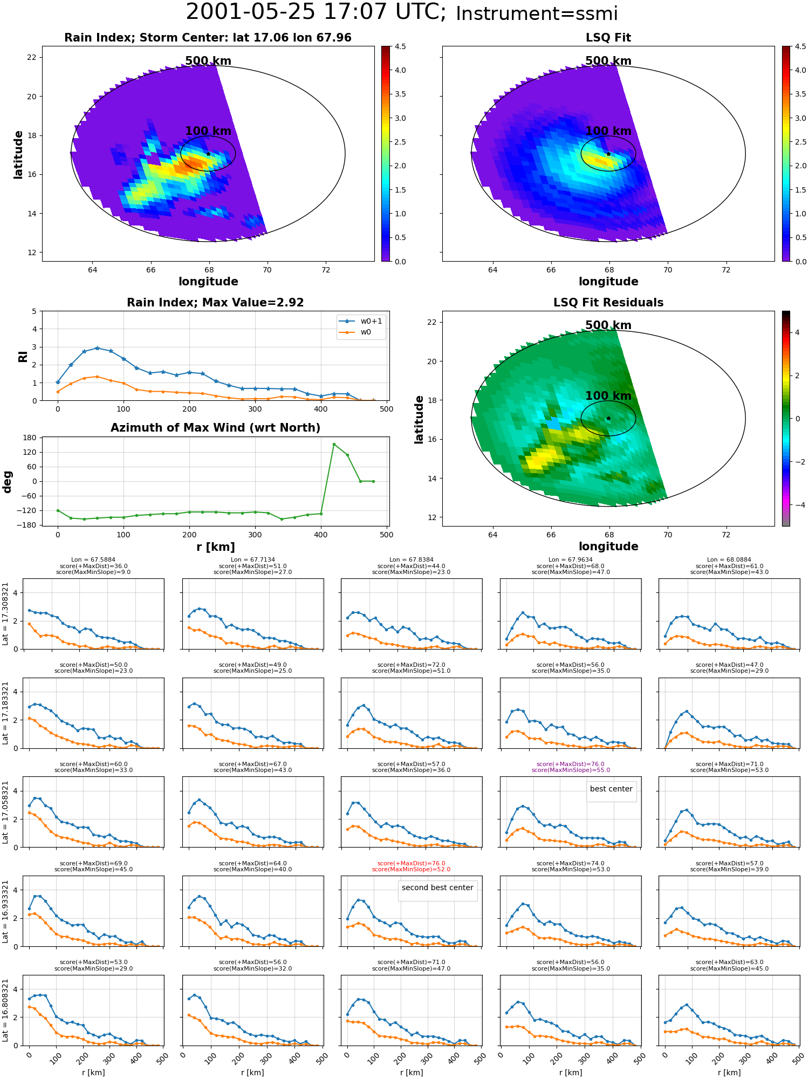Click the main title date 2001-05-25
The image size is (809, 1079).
click(250, 12)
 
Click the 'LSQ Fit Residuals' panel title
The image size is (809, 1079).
click(608, 303)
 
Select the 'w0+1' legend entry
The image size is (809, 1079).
click(361, 322)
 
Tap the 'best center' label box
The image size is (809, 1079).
click(611, 789)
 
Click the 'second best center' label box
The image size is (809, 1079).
click(437, 887)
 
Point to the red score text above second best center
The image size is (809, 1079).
click(412, 866)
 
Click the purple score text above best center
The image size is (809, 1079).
click(571, 767)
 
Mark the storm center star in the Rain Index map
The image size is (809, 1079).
click(208, 154)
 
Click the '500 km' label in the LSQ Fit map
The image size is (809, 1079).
click(608, 61)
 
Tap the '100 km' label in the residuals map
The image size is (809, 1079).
click(608, 396)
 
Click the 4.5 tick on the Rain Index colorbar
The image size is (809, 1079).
click(400, 46)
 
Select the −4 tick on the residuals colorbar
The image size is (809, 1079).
click(797, 505)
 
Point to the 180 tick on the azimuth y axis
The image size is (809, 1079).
click(29, 438)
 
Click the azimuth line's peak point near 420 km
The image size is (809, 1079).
click(334, 444)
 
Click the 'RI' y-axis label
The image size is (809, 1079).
click(23, 356)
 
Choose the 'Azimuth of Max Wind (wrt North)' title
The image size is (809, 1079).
click(216, 428)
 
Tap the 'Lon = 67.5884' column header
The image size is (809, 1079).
click(93, 560)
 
